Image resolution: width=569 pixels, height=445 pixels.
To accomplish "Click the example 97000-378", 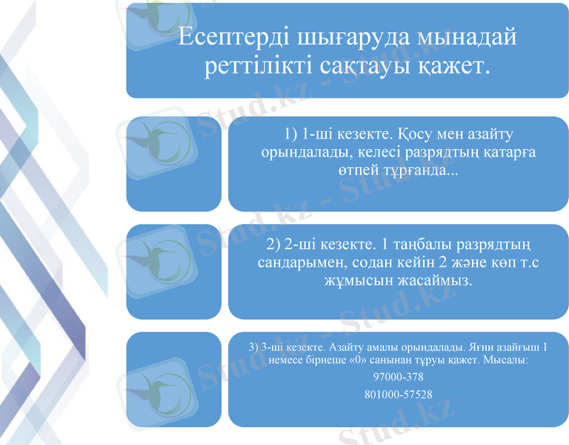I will pyautogui.click(x=399, y=377).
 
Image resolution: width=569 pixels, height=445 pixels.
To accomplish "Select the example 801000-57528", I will pyautogui.click(x=399, y=395).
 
